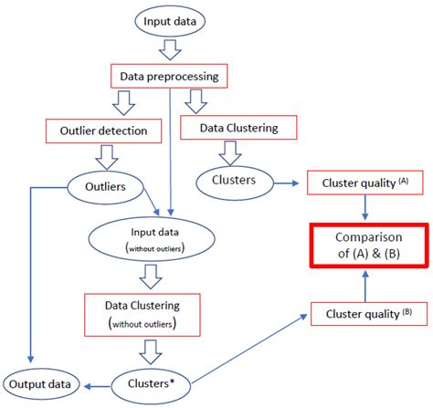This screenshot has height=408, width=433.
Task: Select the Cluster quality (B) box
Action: tap(363, 314)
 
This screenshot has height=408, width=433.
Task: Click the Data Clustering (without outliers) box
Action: tap(143, 313)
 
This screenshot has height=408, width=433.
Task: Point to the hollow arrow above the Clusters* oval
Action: tap(145, 352)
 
